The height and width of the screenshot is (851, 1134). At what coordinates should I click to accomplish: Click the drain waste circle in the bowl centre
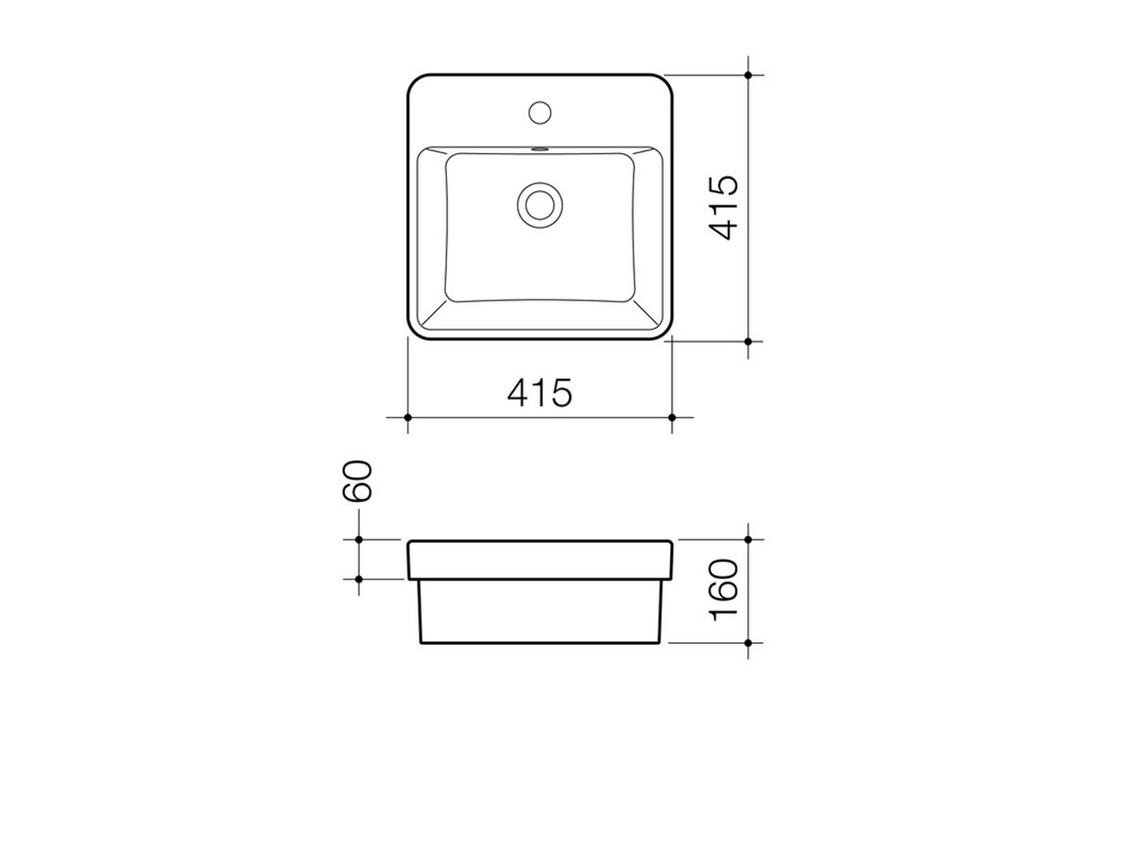coord(540,203)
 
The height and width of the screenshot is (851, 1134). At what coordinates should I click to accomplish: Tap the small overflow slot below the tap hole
coord(540,148)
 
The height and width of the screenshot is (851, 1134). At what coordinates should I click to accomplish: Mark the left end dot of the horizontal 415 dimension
coord(407,417)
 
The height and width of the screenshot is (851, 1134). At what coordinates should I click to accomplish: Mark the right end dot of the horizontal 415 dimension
coord(672,417)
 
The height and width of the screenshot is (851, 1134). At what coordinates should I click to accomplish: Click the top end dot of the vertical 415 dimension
coord(748,74)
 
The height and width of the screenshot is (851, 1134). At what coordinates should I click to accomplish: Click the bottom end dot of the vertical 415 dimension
coord(748,340)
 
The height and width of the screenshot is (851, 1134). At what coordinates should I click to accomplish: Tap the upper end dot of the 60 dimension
coord(360,540)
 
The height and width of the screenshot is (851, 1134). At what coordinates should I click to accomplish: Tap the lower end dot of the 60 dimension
coord(360,578)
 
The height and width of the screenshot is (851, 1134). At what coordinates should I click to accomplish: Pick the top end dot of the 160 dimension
coord(748,540)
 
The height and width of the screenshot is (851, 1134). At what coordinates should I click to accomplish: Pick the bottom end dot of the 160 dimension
coord(748,643)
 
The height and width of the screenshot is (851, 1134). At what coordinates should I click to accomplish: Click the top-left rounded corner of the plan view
coord(415,81)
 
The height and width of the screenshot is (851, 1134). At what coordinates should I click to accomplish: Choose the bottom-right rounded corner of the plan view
coord(664,332)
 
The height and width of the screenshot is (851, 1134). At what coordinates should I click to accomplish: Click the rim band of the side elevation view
coord(540,559)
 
